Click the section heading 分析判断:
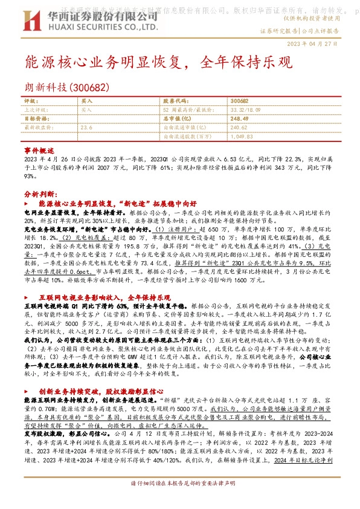click(40, 195)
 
